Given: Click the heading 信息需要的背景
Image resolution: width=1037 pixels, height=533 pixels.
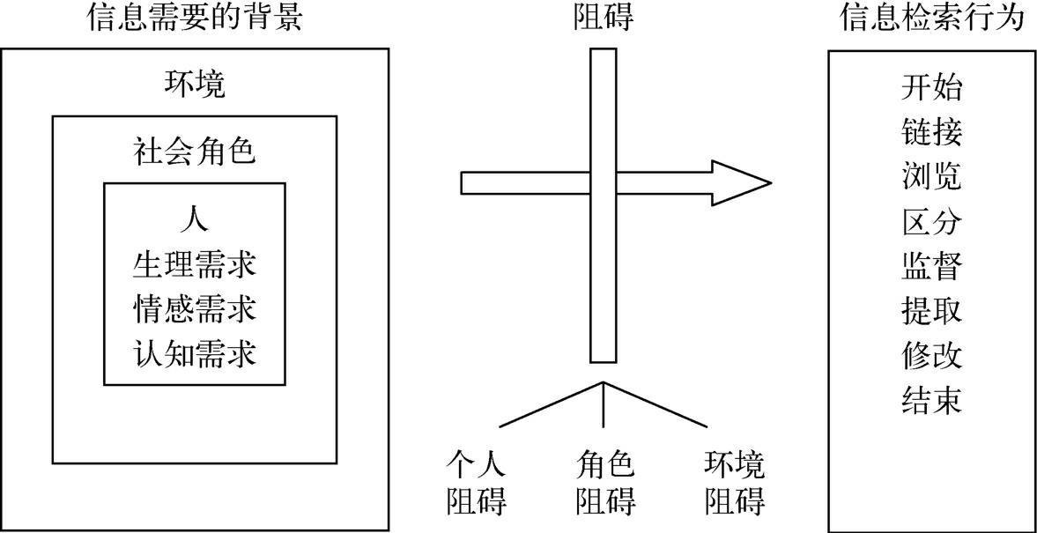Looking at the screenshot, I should [195, 18].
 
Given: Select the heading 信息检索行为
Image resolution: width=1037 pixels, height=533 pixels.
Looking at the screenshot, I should [933, 18].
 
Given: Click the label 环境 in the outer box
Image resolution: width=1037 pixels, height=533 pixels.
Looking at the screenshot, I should [195, 85].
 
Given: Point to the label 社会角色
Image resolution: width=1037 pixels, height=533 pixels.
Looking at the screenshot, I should [195, 152].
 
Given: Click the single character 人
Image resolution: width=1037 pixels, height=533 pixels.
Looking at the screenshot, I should [195, 218].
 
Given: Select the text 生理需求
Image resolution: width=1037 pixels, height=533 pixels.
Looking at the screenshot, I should [195, 263].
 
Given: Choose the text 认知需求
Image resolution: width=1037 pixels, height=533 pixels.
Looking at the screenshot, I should [195, 354].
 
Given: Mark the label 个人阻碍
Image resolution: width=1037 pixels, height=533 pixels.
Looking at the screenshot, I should [477, 483].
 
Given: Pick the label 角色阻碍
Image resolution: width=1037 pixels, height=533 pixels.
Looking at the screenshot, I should [605, 483].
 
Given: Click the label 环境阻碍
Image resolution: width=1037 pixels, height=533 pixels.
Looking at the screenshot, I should [735, 483].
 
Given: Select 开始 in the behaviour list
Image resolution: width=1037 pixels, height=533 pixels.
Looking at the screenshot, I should [932, 87].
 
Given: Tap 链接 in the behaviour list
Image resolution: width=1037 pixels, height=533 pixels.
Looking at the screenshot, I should [932, 132].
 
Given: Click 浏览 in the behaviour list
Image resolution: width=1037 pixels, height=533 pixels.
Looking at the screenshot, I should [932, 176].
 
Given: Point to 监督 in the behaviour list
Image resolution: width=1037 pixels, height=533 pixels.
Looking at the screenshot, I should [932, 266].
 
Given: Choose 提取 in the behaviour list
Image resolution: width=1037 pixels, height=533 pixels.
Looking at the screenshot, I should [932, 311].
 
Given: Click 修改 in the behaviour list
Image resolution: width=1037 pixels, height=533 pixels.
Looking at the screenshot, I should [932, 356].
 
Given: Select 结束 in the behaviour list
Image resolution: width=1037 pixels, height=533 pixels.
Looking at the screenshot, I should [932, 401].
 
